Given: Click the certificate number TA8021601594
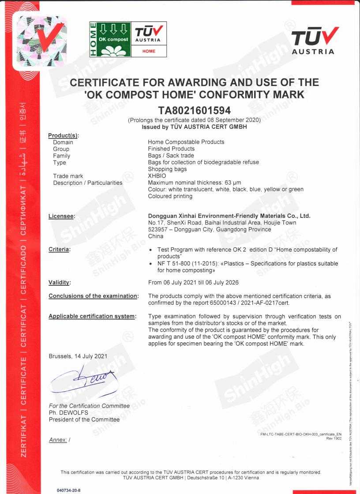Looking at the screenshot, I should (x=195, y=110).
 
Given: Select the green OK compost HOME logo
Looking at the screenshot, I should (x=110, y=39).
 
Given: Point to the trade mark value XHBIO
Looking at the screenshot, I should (x=157, y=176).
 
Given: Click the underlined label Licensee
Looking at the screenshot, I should (x=62, y=216).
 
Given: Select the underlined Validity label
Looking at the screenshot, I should (x=60, y=282).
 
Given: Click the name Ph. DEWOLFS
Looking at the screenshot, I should (x=69, y=413).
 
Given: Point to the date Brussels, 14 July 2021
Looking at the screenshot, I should (x=78, y=356).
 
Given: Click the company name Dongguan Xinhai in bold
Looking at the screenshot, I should (x=229, y=216).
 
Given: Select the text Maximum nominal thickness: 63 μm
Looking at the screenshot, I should (x=195, y=183).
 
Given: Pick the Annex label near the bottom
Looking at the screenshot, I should (x=58, y=440).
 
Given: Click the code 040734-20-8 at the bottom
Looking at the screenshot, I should (x=69, y=490).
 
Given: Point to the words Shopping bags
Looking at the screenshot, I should (x=167, y=169).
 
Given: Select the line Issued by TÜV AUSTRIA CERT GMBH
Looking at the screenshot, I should (x=194, y=127).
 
